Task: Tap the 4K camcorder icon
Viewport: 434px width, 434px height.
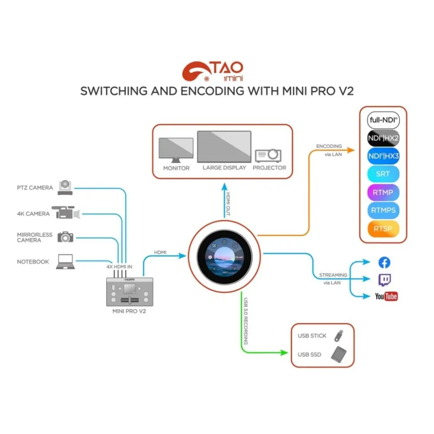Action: coord(65,213)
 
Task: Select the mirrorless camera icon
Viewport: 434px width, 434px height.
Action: coord(66,237)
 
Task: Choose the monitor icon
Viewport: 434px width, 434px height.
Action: coord(176,150)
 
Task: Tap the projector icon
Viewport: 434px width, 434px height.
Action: coord(269,155)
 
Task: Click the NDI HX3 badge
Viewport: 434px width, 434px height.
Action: coord(383,155)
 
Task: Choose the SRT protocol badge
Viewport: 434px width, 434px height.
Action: coord(383,174)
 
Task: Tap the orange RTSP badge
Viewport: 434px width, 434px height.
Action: coord(383,228)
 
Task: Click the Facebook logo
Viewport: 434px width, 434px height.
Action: coord(384,263)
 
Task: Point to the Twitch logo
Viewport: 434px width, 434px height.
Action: coord(384,279)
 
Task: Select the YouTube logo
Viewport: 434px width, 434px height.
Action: coord(386,296)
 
